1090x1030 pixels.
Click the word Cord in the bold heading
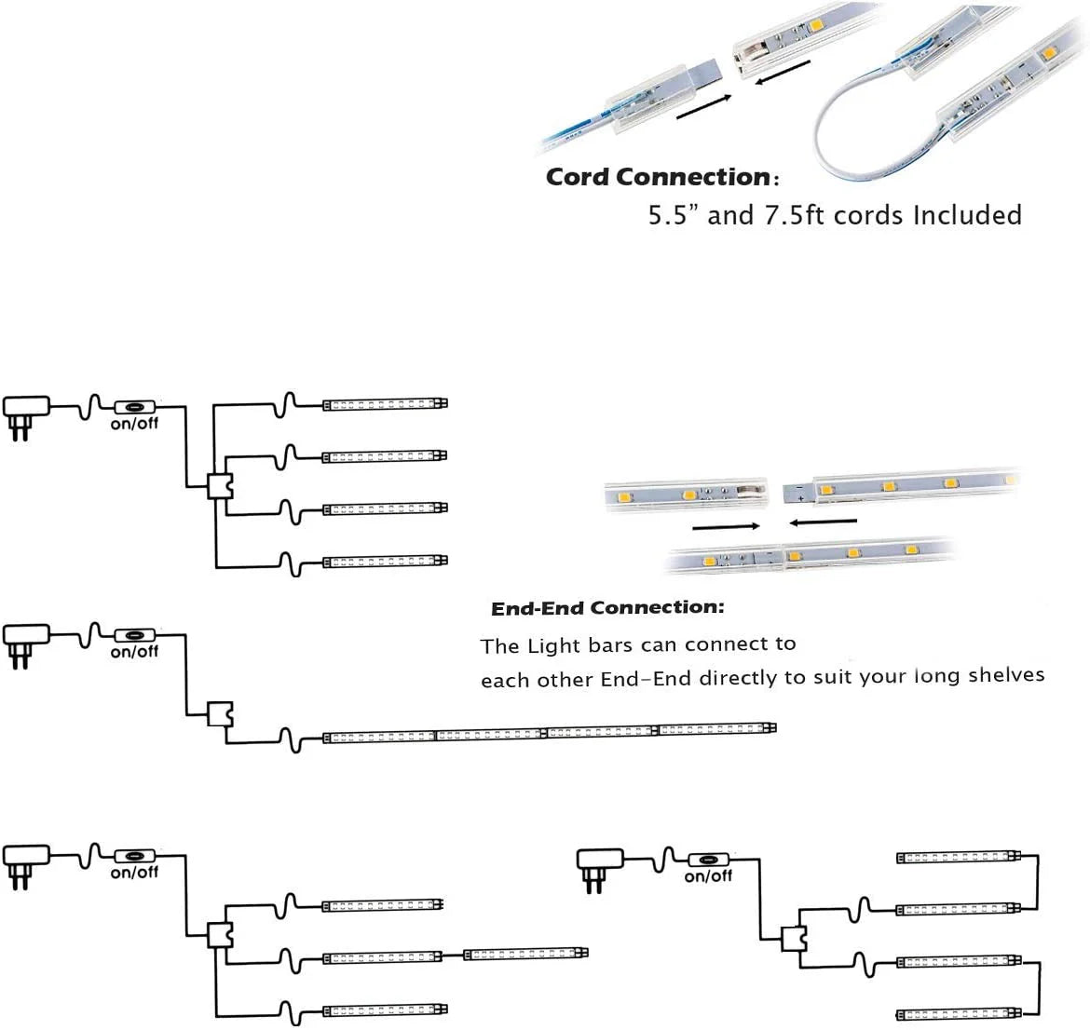(x=578, y=177)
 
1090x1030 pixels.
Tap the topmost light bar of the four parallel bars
(x=385, y=404)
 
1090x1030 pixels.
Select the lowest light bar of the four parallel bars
(x=385, y=562)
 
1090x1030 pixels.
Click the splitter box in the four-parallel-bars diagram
(x=219, y=485)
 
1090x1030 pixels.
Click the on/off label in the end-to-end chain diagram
(x=134, y=653)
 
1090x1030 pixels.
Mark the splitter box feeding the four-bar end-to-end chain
(x=219, y=714)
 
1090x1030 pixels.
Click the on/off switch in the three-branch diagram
(x=135, y=855)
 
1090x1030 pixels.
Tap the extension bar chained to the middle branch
(x=525, y=954)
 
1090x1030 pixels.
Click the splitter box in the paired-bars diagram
(x=793, y=940)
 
